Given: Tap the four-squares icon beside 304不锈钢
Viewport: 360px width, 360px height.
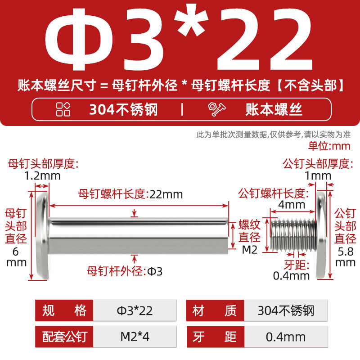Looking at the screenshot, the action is tap(63, 109).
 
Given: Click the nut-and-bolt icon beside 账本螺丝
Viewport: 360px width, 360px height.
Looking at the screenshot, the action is tap(216, 109).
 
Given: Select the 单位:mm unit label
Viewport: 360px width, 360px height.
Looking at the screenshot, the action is tap(329, 146).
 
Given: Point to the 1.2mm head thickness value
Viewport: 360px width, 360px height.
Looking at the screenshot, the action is tap(42, 176).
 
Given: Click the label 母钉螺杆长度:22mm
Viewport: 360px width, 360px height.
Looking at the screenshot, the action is tap(130, 194).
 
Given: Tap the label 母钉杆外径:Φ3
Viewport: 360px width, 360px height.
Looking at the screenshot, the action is tap(125, 271).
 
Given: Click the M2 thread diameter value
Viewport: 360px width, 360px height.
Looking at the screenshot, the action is tap(250, 250).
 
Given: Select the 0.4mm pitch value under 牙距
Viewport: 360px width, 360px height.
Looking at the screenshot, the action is tap(291, 275).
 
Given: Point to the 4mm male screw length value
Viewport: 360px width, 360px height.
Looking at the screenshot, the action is tap(292, 205).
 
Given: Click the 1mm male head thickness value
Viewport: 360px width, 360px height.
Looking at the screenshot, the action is tap(318, 176).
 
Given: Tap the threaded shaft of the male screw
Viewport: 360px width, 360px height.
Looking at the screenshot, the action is tap(293, 235).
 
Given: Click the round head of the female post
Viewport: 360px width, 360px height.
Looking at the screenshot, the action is tap(43, 235).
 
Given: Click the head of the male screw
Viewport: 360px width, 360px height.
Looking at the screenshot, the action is tap(321, 235).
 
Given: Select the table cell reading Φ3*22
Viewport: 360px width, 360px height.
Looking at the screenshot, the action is tap(135, 310).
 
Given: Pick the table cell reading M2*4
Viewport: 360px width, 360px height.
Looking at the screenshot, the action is tap(135, 337).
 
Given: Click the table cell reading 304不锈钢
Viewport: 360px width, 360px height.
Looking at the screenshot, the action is tap(286, 310).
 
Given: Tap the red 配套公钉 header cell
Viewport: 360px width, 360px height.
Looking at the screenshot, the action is tap(64, 337).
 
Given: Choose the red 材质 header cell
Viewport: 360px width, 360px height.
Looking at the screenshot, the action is tap(215, 310).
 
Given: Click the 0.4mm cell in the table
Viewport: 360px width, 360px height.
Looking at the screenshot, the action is tap(286, 337).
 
